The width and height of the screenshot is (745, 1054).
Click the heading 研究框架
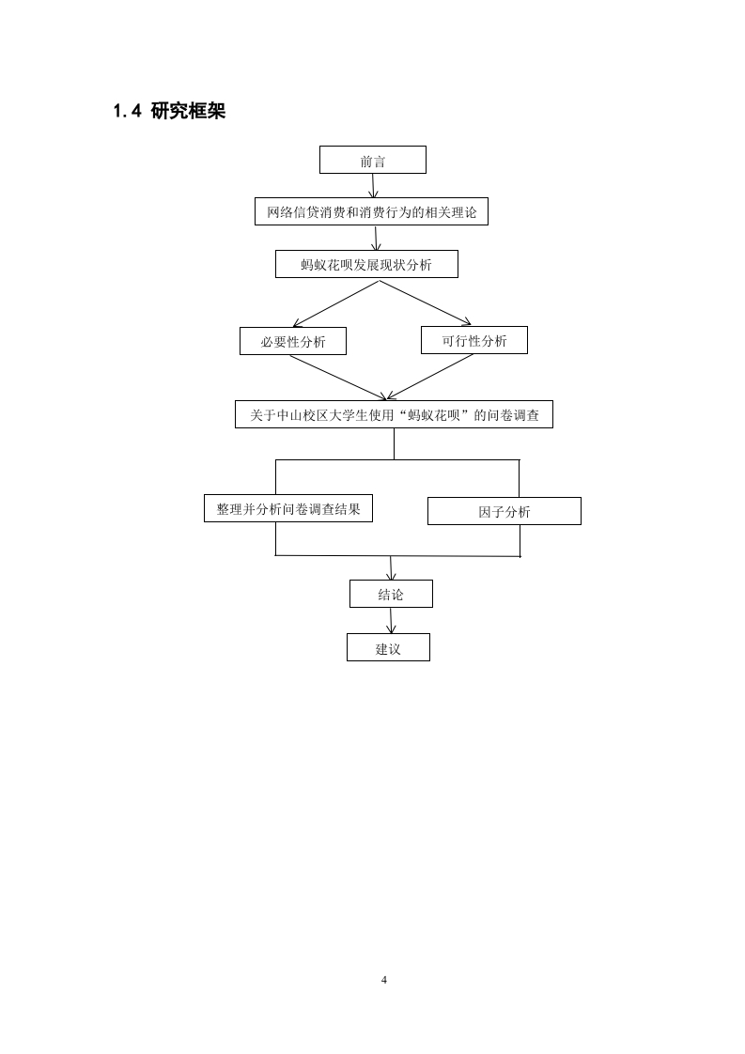pos(188,111)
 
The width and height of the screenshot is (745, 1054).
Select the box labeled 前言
pos(372,160)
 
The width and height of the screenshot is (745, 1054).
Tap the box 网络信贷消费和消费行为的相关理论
pos(371,211)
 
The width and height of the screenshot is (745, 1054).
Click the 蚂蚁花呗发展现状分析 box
pos(366,264)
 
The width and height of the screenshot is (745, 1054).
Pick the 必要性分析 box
pos(293,341)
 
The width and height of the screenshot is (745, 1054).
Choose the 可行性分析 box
pos(474,340)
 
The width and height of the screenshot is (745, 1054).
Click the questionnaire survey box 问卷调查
pos(394,415)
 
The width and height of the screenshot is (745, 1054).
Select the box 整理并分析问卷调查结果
pos(288,508)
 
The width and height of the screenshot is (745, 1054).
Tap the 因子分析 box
pos(504,511)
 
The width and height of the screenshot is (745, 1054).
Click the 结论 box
pos(391,594)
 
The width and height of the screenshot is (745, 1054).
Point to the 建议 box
pos(388,647)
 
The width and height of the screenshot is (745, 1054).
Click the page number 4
pos(384,980)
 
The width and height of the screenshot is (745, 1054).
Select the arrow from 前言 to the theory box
pos(373,185)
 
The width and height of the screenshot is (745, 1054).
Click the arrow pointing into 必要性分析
pos(336,303)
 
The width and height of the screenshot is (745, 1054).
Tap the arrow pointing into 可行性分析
pos(426,302)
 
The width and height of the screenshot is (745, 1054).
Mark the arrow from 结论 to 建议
pos(391,620)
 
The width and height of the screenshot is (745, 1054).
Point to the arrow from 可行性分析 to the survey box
pos(430,377)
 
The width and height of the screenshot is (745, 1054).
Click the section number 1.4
pos(127,112)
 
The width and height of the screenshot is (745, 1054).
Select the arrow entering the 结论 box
pos(391,568)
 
